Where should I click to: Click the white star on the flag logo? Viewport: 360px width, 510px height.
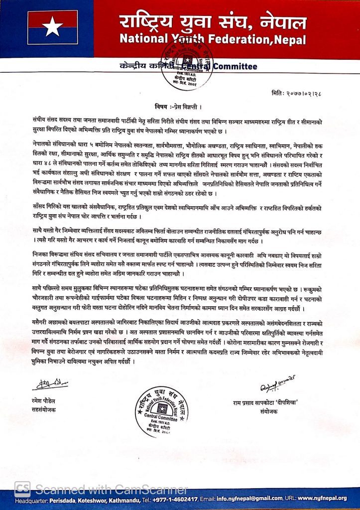53,27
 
